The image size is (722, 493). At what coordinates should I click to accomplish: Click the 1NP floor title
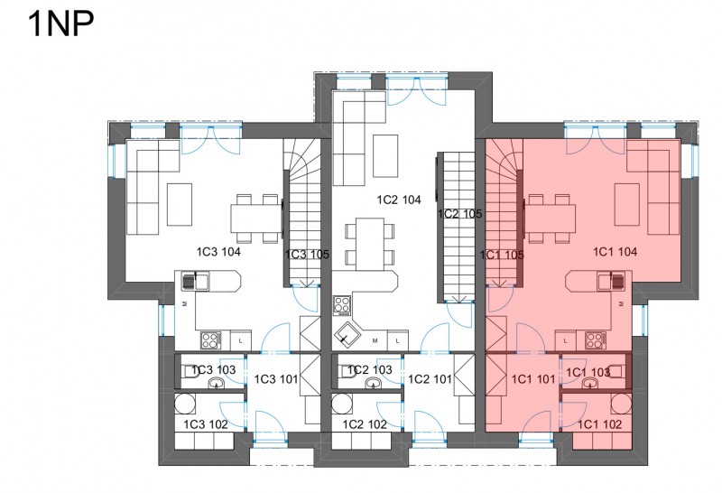(x=60, y=23)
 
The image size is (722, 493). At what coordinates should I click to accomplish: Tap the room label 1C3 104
(x=218, y=252)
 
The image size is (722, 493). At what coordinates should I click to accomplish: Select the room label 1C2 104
(x=399, y=200)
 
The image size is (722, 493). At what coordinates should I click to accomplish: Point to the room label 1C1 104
(x=615, y=252)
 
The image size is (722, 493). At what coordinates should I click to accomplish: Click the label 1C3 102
(x=206, y=424)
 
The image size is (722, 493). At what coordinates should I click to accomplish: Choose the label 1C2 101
(x=430, y=379)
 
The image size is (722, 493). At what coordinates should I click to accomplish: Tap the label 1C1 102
(x=599, y=424)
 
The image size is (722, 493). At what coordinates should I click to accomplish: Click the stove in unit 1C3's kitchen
(x=210, y=340)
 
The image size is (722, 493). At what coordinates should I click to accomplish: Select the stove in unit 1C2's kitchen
(x=342, y=305)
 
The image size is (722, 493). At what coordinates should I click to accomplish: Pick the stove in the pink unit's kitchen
(x=596, y=340)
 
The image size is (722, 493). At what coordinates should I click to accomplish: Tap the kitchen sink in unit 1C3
(x=196, y=281)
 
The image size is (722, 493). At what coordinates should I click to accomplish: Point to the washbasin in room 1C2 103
(x=373, y=383)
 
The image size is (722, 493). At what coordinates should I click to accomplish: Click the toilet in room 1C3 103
(x=189, y=371)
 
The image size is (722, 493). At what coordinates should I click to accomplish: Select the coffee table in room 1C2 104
(x=385, y=155)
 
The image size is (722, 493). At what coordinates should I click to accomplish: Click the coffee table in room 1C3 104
(x=180, y=204)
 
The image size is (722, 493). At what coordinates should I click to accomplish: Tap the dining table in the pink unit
(x=550, y=219)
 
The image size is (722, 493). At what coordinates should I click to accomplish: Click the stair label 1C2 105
(x=459, y=214)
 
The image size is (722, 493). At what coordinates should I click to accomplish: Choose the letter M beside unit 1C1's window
(x=621, y=304)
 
